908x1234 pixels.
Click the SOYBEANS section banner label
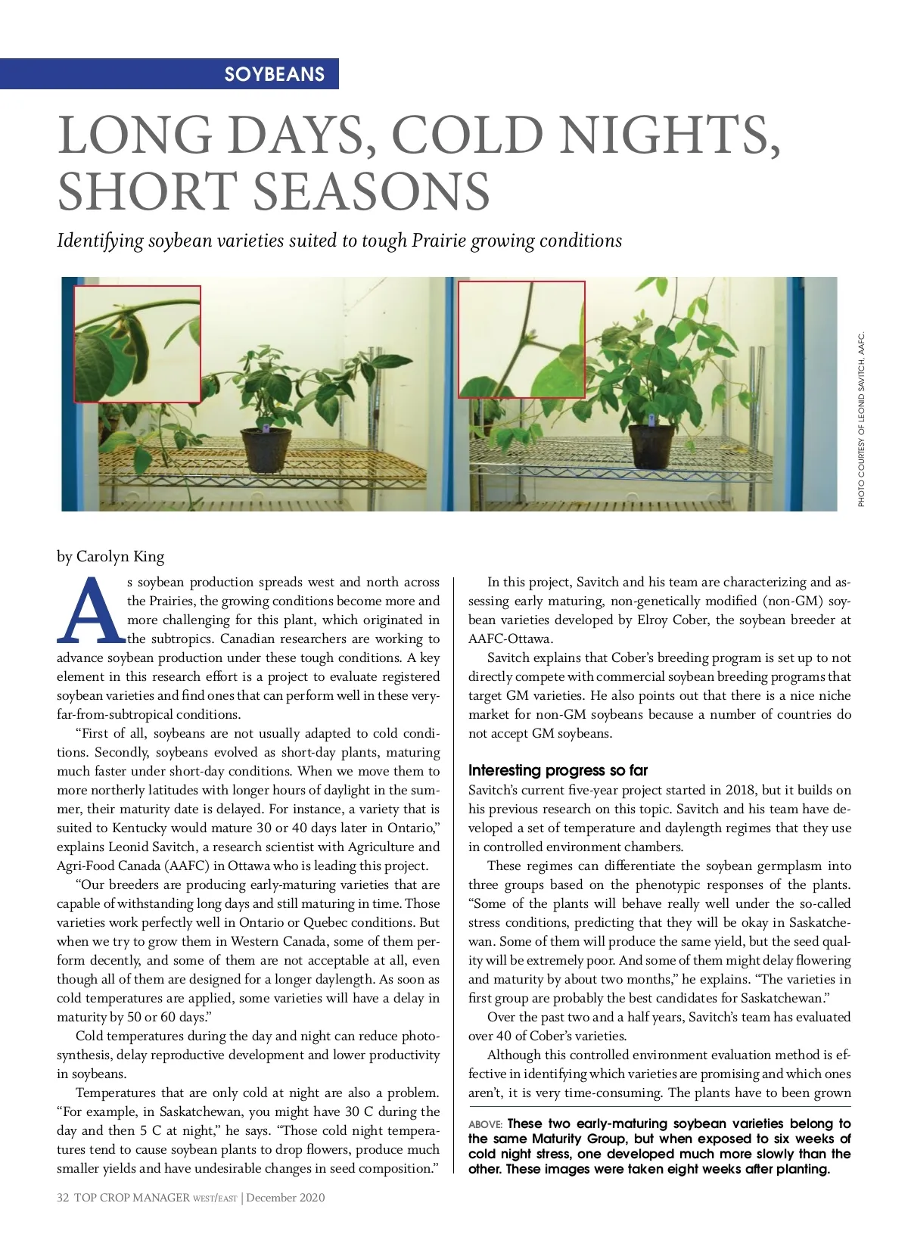point(274,74)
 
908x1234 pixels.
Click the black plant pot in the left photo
point(266,449)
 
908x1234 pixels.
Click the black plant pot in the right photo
point(653,446)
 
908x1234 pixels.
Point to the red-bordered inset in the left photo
point(137,343)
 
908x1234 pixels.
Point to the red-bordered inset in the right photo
point(521,339)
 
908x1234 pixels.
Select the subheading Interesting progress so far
point(558,770)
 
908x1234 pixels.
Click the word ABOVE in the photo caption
point(485,1124)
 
